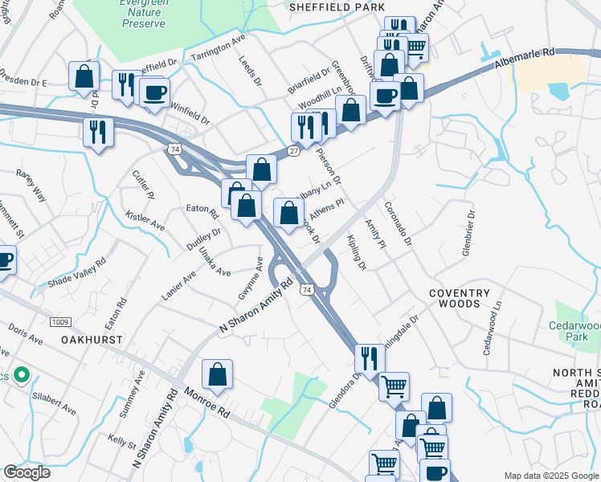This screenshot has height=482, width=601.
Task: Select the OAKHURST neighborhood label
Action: (92, 340)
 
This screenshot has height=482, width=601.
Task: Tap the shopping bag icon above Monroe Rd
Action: (217, 374)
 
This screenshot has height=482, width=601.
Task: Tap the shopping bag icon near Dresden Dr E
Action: (84, 76)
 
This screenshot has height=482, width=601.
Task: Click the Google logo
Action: (27, 472)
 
